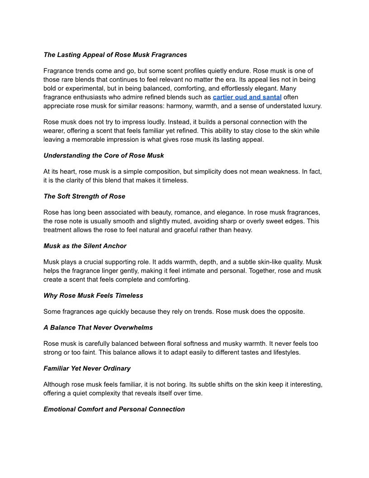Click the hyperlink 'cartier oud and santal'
pos(247,97)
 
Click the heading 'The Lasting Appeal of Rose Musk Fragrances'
pos(115,55)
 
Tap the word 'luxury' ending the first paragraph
pos(310,106)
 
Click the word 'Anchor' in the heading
pos(115,246)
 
